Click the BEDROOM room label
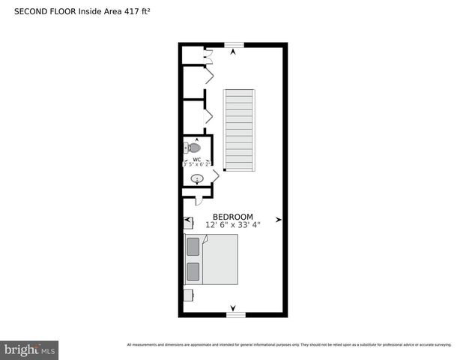[232, 216]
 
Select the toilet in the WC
[194, 148]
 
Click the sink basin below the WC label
[197, 178]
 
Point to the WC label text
[196, 159]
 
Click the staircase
[240, 128]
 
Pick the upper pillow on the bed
[193, 246]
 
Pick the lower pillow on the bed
[193, 271]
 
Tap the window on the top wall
[233, 44]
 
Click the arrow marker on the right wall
[279, 220]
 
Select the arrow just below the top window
[233, 52]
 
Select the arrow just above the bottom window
[233, 307]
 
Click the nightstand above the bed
[189, 223]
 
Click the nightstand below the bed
[189, 295]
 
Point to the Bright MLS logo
[30, 349]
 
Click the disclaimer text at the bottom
[289, 344]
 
